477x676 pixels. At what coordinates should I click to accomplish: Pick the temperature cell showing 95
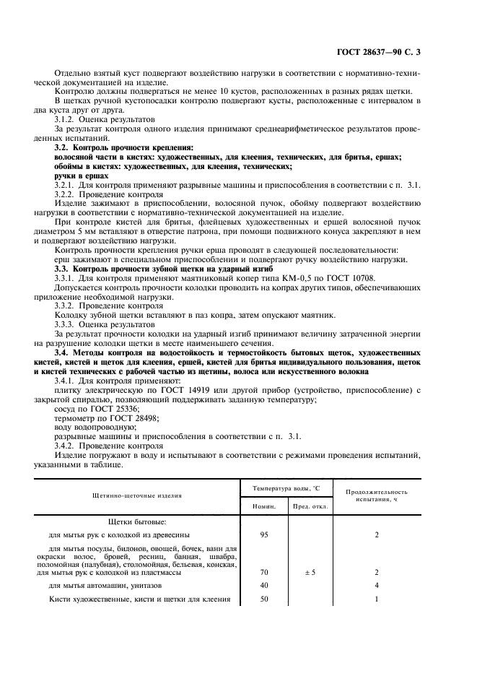pyautogui.click(x=264, y=535)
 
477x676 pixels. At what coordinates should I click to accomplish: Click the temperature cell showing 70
pyautogui.click(x=264, y=572)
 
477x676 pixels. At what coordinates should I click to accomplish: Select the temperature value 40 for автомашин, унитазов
pyautogui.click(x=264, y=585)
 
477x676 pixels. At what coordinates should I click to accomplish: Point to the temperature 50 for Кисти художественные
pyautogui.click(x=264, y=599)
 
